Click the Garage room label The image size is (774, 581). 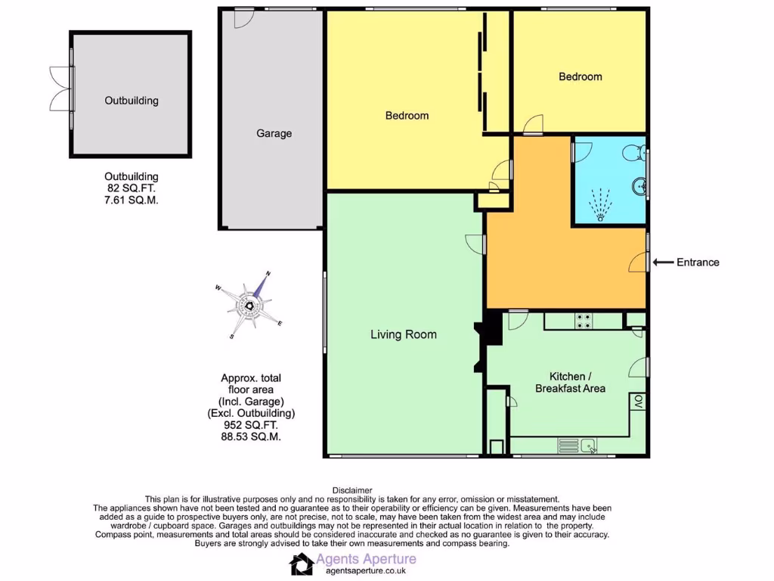point(274,133)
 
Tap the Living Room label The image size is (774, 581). point(403,334)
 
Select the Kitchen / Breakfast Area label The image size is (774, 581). point(570,382)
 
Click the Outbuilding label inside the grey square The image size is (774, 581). point(132,100)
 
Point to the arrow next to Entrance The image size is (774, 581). point(663,263)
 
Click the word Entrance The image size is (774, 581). point(698,263)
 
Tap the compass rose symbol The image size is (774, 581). point(249,305)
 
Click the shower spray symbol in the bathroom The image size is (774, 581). point(601,204)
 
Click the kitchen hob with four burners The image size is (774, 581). point(584,321)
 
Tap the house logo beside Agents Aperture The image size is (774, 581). point(302,564)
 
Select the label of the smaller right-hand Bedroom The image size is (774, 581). point(580,76)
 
